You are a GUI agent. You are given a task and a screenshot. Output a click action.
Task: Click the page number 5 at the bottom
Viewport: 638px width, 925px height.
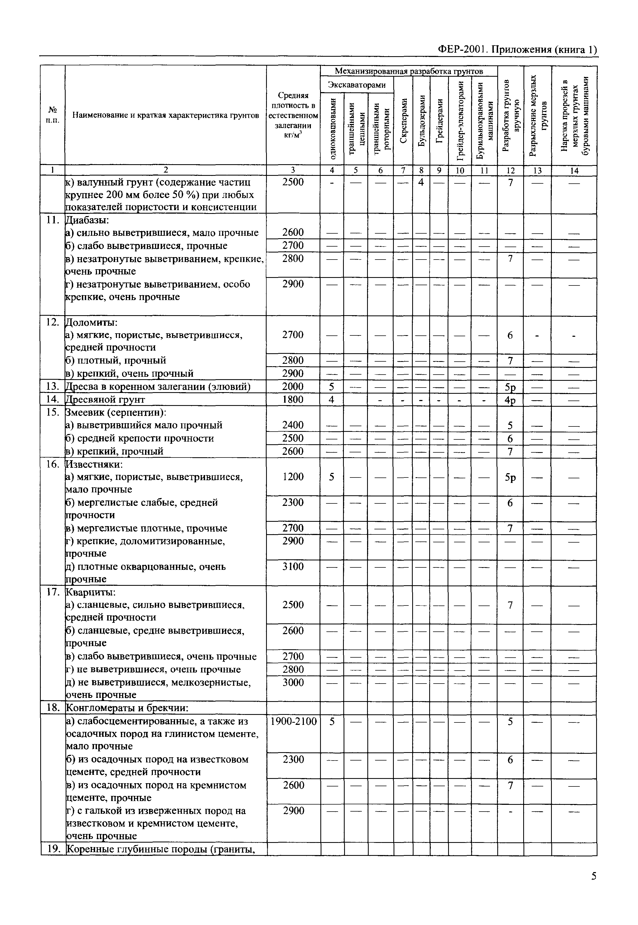[594, 876]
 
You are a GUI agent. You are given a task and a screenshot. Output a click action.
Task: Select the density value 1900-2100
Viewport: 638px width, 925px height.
[293, 722]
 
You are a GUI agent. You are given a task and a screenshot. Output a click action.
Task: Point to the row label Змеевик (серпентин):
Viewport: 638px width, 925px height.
[116, 412]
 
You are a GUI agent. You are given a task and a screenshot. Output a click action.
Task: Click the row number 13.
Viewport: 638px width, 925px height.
[52, 386]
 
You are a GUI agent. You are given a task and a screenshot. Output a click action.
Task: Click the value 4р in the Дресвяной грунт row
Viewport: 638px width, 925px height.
[510, 400]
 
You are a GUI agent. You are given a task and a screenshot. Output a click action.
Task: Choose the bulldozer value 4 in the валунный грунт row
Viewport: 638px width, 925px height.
[421, 182]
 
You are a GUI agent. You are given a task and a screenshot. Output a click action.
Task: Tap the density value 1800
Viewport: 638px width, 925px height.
[293, 399]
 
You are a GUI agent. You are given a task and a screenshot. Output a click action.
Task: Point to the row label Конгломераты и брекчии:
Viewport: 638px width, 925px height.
[127, 708]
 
